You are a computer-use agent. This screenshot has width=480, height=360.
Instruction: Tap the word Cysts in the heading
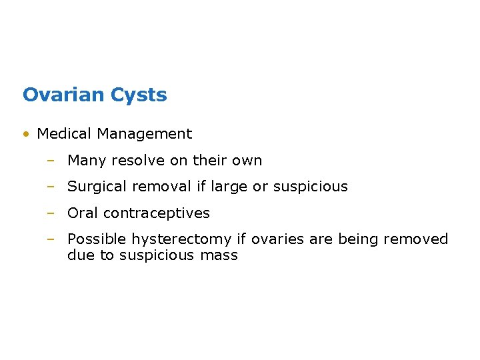point(139,95)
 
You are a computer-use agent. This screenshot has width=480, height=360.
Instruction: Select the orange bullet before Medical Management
point(25,134)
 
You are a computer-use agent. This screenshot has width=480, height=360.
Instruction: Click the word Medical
point(65,134)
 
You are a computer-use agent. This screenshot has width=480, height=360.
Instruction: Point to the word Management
point(144,134)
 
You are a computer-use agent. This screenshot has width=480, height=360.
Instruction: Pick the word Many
point(85,161)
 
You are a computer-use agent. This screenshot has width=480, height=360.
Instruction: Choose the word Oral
point(83,213)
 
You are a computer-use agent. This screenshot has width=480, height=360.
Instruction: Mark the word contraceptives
point(157,213)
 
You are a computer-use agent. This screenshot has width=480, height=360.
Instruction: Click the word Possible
point(97,239)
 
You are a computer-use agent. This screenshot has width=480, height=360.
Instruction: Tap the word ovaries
point(275,239)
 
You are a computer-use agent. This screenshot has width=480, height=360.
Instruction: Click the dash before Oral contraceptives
point(51,213)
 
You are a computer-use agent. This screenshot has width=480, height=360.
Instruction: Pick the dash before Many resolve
point(51,161)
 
